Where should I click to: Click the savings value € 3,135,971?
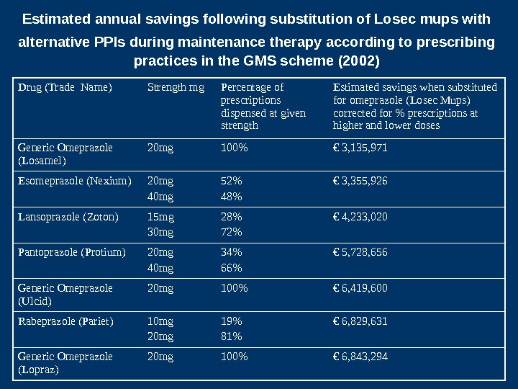click(360, 148)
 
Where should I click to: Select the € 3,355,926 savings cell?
click(360, 181)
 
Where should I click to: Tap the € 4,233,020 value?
click(360, 216)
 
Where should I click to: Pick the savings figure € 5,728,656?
click(360, 252)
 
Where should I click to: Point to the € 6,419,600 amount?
click(360, 288)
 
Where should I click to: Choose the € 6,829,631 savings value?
click(360, 321)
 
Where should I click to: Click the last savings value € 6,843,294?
click(360, 357)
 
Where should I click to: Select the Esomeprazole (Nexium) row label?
click(75, 181)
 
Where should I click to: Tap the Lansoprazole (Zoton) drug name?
click(68, 216)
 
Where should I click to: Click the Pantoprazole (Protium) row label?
click(72, 252)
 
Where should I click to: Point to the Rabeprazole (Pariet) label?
click(65, 321)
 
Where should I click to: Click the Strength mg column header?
click(176, 88)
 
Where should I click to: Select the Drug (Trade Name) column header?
click(65, 88)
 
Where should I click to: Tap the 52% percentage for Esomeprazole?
click(231, 181)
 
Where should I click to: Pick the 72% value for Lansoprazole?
click(231, 232)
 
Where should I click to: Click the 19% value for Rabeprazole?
click(231, 321)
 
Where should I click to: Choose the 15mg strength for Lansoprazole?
click(160, 216)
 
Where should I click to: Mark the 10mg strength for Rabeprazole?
click(160, 321)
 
